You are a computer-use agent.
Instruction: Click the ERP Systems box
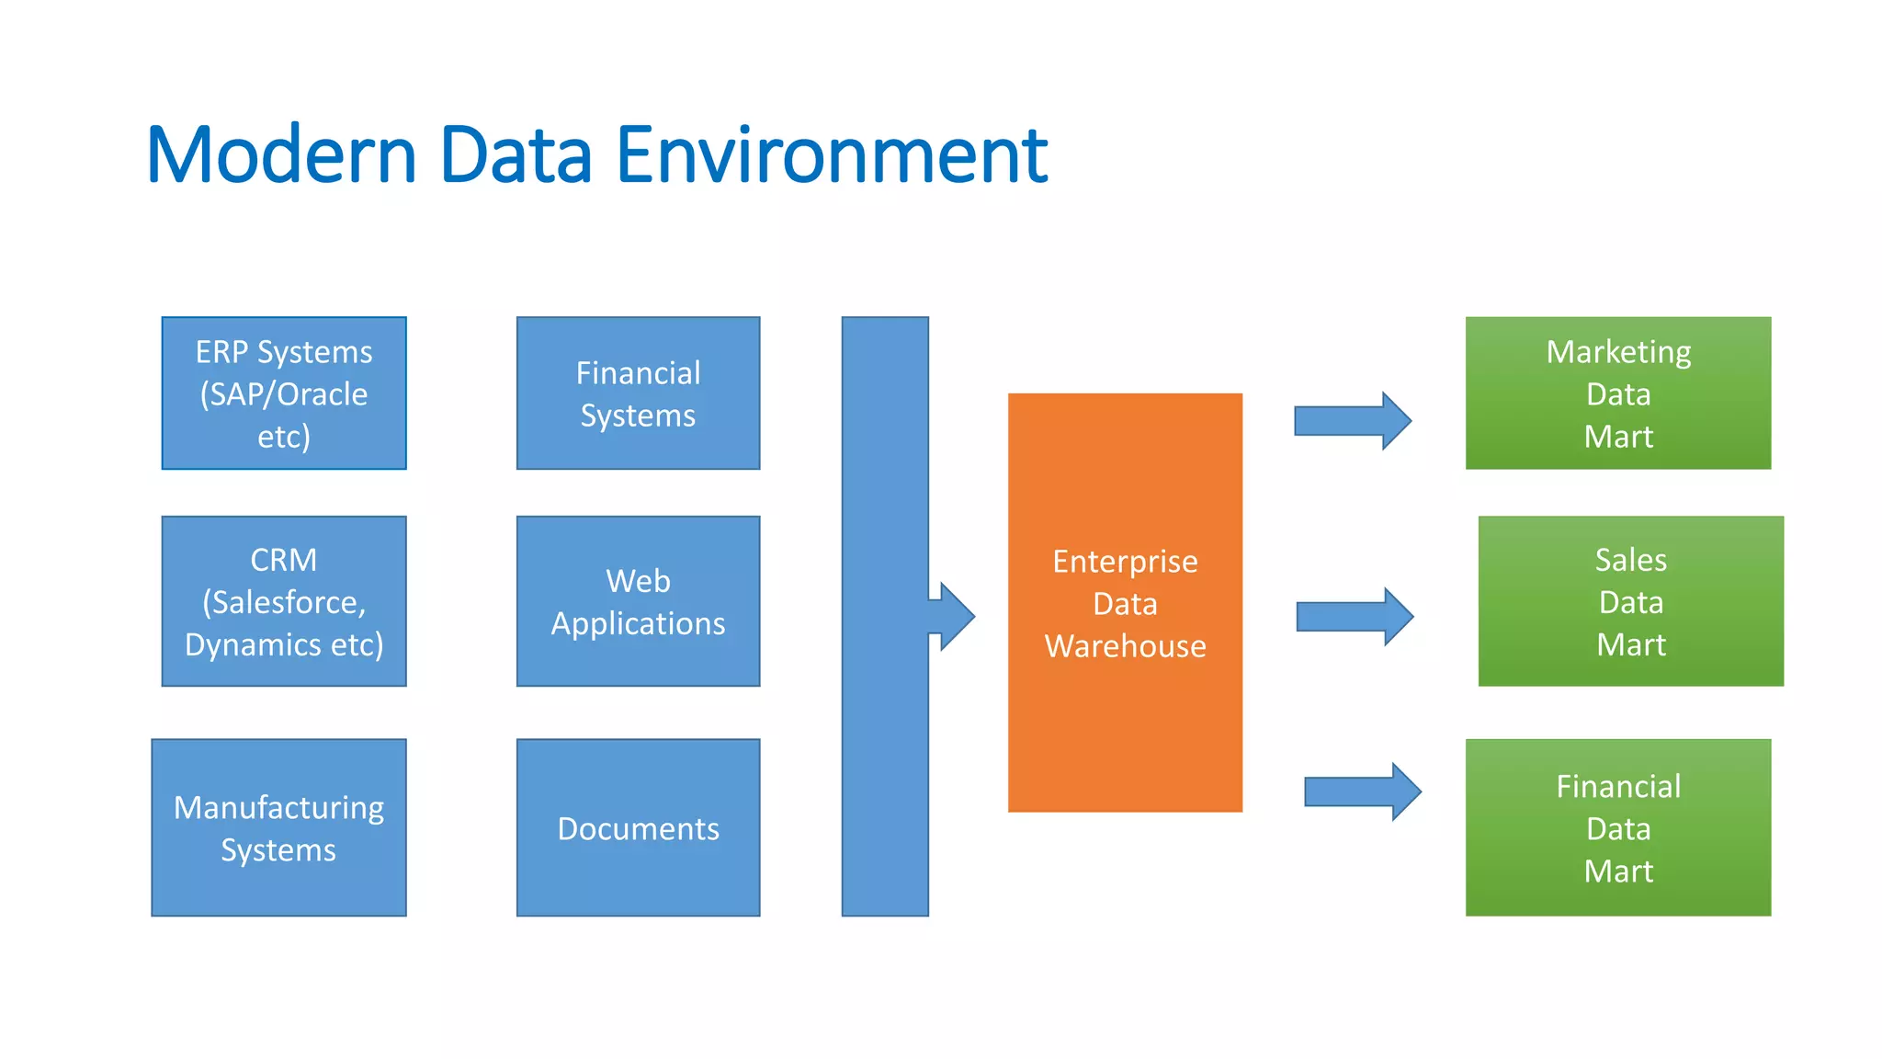point(284,393)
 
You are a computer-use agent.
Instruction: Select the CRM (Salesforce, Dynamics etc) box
point(284,601)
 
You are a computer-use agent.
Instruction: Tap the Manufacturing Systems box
point(278,827)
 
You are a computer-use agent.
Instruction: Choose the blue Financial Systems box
point(638,393)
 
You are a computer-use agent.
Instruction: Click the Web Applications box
point(638,601)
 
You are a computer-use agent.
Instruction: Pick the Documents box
point(638,827)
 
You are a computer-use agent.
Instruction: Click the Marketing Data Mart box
point(1617,393)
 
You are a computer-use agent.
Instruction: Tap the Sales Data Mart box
point(1630,601)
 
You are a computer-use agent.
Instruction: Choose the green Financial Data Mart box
point(1617,827)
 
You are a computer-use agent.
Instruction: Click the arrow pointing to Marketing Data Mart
point(1351,421)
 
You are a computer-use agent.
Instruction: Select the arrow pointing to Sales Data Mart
point(1354,617)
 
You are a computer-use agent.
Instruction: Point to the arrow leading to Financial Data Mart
point(1362,791)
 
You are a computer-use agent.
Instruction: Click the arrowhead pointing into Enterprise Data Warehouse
point(954,616)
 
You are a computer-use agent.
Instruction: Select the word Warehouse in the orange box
point(1125,646)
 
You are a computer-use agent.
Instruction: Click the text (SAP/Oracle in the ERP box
point(284,394)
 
